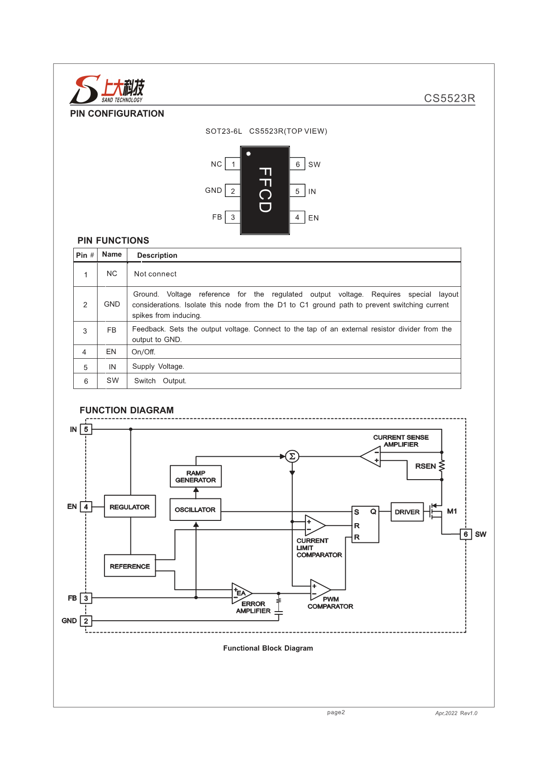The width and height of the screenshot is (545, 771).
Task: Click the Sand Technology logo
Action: tap(107, 89)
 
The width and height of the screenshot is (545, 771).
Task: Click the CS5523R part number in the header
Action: tap(449, 98)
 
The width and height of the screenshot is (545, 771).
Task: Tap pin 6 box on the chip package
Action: tap(297, 164)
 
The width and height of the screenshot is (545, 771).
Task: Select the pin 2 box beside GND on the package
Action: tap(233, 191)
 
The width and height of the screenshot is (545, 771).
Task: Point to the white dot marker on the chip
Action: tap(249, 154)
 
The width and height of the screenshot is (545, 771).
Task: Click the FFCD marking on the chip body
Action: tap(265, 190)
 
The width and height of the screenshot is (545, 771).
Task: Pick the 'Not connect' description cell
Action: tap(155, 274)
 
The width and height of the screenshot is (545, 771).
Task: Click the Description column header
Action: tap(157, 255)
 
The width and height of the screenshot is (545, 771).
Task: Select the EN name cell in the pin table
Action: tap(111, 352)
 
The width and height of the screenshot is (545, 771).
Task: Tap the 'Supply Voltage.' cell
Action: tap(158, 366)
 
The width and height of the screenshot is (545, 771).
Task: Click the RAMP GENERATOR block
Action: tap(196, 476)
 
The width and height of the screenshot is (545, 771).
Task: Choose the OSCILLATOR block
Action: tap(195, 509)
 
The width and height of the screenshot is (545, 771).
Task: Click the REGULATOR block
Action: tap(130, 507)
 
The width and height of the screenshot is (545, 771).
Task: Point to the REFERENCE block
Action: tap(130, 566)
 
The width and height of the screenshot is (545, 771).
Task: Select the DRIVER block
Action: tap(407, 512)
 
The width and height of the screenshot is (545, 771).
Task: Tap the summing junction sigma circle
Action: tap(292, 456)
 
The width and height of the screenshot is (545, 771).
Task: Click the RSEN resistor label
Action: tap(425, 466)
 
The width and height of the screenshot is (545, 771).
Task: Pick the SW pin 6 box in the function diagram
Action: tap(465, 534)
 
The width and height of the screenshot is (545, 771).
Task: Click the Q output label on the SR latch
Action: tap(373, 512)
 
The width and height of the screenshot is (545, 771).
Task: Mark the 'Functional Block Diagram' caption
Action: tap(268, 648)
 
